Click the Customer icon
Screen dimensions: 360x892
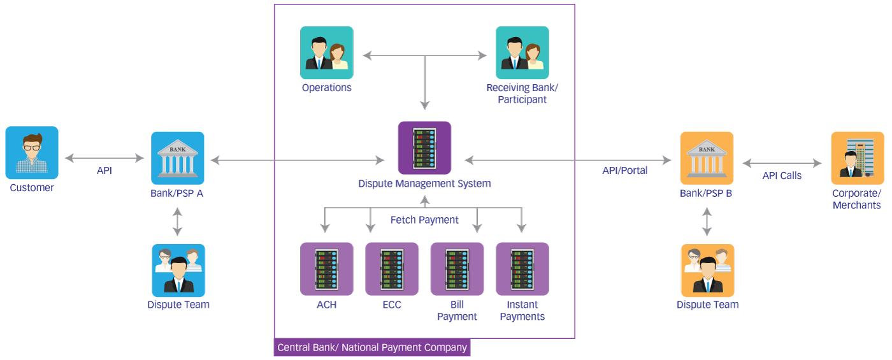[32, 152]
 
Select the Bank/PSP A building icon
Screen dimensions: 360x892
[178, 158]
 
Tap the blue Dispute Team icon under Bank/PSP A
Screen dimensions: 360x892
[178, 270]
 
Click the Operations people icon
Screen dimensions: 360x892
[326, 53]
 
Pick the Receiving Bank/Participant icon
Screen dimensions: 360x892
[522, 53]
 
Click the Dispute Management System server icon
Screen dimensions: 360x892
[424, 148]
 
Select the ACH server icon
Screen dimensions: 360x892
[326, 268]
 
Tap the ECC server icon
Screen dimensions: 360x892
[392, 268]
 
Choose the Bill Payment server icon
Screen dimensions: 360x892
[457, 268]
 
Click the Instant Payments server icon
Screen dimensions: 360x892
[522, 268]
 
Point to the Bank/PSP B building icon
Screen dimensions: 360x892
[707, 158]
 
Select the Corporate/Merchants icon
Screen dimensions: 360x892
[857, 158]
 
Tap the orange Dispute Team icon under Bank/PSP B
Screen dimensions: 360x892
[707, 270]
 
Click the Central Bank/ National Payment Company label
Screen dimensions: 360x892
[372, 348]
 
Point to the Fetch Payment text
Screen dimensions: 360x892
[424, 220]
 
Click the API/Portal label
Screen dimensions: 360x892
[625, 171]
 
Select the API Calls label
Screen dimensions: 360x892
[782, 175]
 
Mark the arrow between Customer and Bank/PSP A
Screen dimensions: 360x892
[104, 157]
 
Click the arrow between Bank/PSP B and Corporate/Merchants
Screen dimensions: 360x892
[782, 163]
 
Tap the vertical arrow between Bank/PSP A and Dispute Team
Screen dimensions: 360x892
[177, 222]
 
